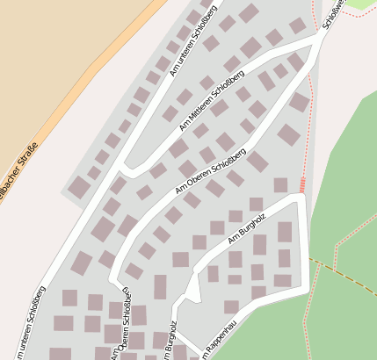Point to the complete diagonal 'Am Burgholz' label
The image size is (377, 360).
[246, 227]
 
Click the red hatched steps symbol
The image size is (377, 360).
[302, 185]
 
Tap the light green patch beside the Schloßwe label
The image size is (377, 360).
[360, 4]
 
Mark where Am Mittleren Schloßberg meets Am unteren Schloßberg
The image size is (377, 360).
[126, 165]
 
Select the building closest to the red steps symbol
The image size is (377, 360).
[280, 185]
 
